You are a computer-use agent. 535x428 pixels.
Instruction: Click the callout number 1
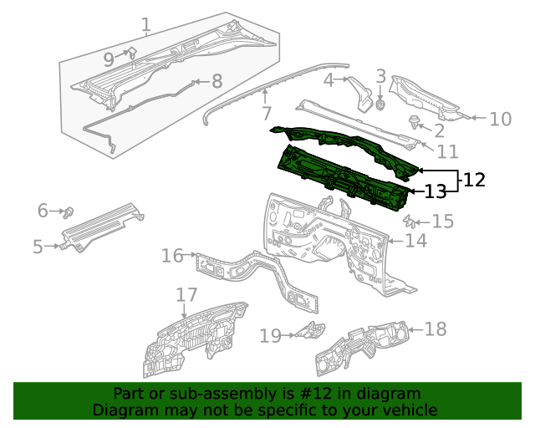145,25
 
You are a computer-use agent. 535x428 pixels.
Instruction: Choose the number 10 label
500,119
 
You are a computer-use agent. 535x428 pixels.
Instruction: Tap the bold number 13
436,191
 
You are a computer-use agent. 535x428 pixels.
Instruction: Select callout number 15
442,222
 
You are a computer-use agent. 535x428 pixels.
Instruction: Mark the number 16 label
172,255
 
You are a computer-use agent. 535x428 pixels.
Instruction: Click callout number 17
186,295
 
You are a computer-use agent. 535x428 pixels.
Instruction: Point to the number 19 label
270,336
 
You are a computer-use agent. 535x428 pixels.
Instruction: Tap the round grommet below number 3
380,105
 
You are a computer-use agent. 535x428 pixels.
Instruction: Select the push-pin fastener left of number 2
414,123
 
